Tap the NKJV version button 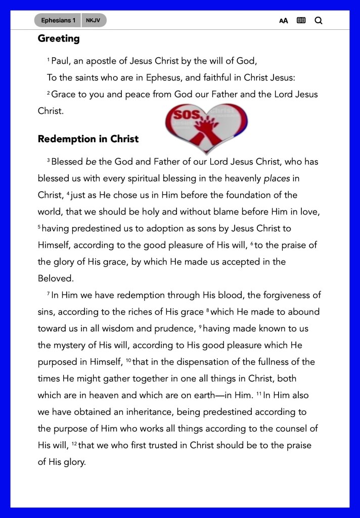tap(93, 20)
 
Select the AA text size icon tap(284, 21)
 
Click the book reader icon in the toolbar tap(301, 21)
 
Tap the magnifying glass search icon tap(319, 21)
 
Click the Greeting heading tap(59, 38)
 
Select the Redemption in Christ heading tap(88, 139)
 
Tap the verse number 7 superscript tap(48, 294)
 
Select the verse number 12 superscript tap(74, 444)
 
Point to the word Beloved tap(56, 278)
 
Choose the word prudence tap(173, 328)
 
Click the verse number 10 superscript tap(128, 361)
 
